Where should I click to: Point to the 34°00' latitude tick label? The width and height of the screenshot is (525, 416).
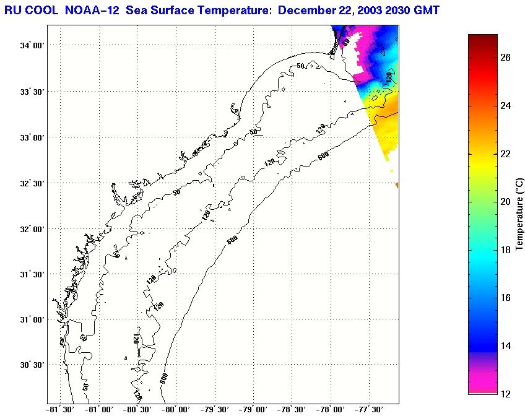pyautogui.click(x=33, y=46)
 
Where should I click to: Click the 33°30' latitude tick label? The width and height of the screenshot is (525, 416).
pyautogui.click(x=33, y=92)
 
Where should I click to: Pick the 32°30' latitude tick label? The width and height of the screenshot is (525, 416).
pyautogui.click(x=33, y=183)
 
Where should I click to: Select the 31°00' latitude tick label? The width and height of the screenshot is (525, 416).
pyautogui.click(x=33, y=320)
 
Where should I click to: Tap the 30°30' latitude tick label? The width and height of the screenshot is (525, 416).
pyautogui.click(x=33, y=365)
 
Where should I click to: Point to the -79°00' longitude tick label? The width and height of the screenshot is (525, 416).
pyautogui.click(x=254, y=409)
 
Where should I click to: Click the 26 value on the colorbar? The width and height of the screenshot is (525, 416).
pyautogui.click(x=505, y=58)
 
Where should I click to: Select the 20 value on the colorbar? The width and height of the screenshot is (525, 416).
pyautogui.click(x=505, y=202)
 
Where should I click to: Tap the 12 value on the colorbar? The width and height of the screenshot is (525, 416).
pyautogui.click(x=505, y=394)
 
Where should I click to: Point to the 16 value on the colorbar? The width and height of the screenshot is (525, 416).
pyautogui.click(x=505, y=298)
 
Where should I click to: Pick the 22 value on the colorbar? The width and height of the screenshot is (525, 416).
pyautogui.click(x=505, y=154)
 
